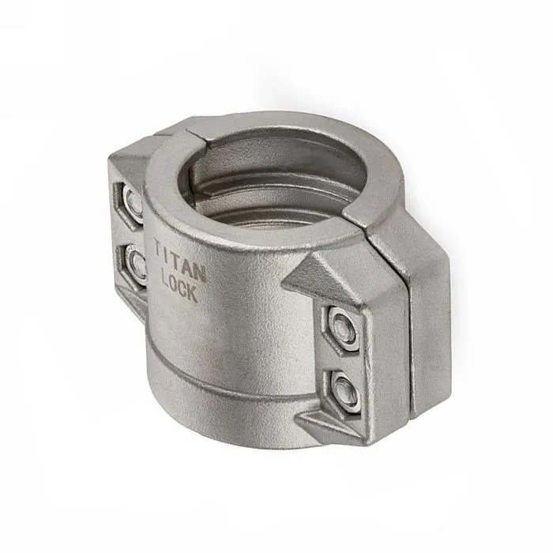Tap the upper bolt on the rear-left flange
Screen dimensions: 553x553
134,202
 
